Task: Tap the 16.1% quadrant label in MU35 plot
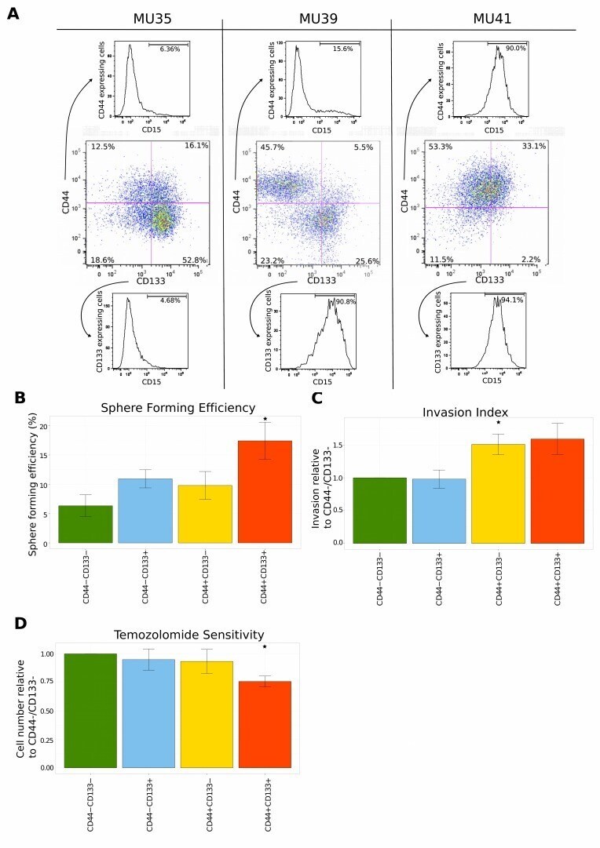coord(196,147)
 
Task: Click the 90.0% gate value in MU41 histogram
coord(515,49)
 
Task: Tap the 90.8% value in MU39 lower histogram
coord(346,301)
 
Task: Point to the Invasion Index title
coord(465,411)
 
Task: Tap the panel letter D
coord(21,624)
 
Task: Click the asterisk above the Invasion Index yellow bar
coord(497,424)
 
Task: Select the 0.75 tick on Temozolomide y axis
coord(47,682)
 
